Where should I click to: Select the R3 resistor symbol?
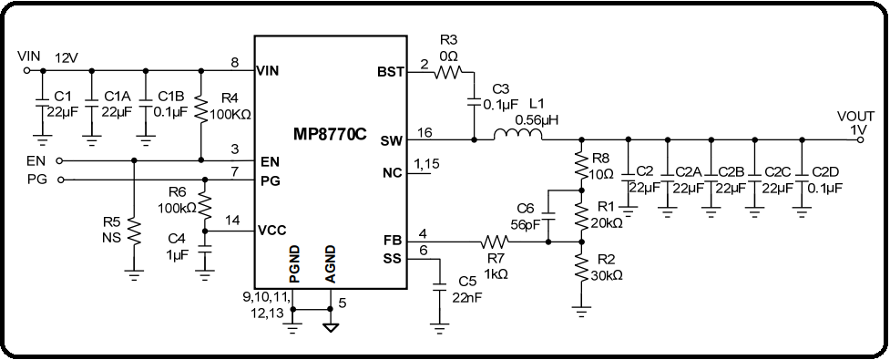pos(448,71)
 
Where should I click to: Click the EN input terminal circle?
pos(60,159)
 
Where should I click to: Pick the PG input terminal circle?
pos(60,180)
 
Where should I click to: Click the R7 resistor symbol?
pos(495,242)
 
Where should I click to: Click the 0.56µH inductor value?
pos(536,119)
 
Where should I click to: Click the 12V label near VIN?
pos(66,57)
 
